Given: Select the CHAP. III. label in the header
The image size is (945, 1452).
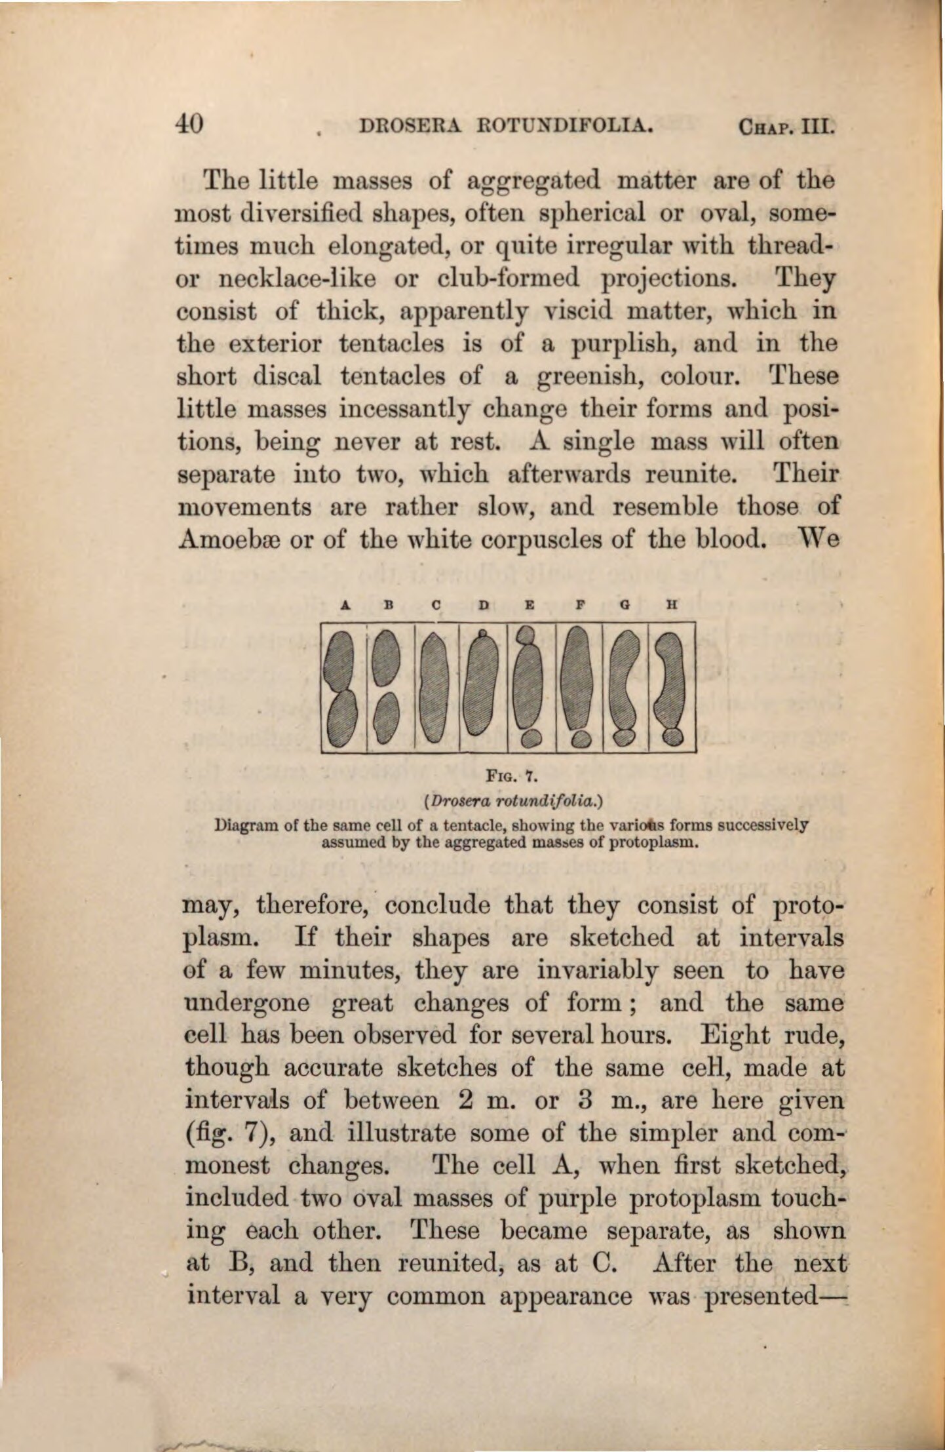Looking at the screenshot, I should [x=786, y=125].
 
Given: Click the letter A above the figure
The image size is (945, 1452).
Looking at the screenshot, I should [x=344, y=606].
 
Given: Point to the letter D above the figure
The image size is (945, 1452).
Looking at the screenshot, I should [x=483, y=606].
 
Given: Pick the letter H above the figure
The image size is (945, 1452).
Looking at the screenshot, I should [x=670, y=606].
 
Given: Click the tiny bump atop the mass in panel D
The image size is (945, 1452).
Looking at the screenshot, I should [x=484, y=635].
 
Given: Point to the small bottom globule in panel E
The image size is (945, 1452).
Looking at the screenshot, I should [x=530, y=738].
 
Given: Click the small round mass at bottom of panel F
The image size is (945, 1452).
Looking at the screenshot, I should [x=578, y=739].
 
